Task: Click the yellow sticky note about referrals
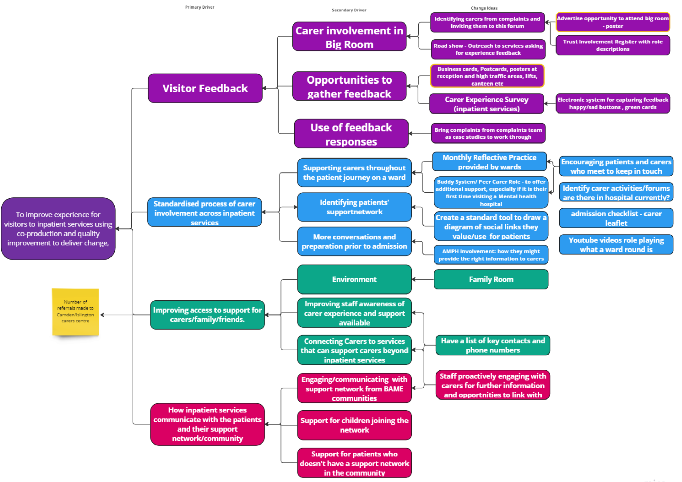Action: click(75, 312)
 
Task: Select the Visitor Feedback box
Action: click(205, 88)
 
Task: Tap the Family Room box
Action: click(491, 280)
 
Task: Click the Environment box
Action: click(354, 280)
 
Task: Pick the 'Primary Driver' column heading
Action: click(200, 7)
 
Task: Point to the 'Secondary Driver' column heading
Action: click(349, 10)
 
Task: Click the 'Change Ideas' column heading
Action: click(484, 8)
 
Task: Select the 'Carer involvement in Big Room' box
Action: click(350, 37)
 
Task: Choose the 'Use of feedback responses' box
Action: click(351, 134)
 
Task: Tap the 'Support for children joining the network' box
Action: click(354, 425)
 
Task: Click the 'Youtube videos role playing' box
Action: click(616, 245)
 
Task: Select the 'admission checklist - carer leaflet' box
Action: click(616, 218)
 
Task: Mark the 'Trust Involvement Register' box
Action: click(613, 45)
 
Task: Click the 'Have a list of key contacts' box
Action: click(493, 345)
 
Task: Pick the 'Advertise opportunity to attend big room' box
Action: click(613, 22)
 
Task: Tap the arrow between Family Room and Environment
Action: click(423, 280)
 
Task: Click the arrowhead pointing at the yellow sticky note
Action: click(102, 315)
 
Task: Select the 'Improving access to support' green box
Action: click(207, 315)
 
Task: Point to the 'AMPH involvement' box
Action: click(491, 255)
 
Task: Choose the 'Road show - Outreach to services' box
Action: click(488, 49)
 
